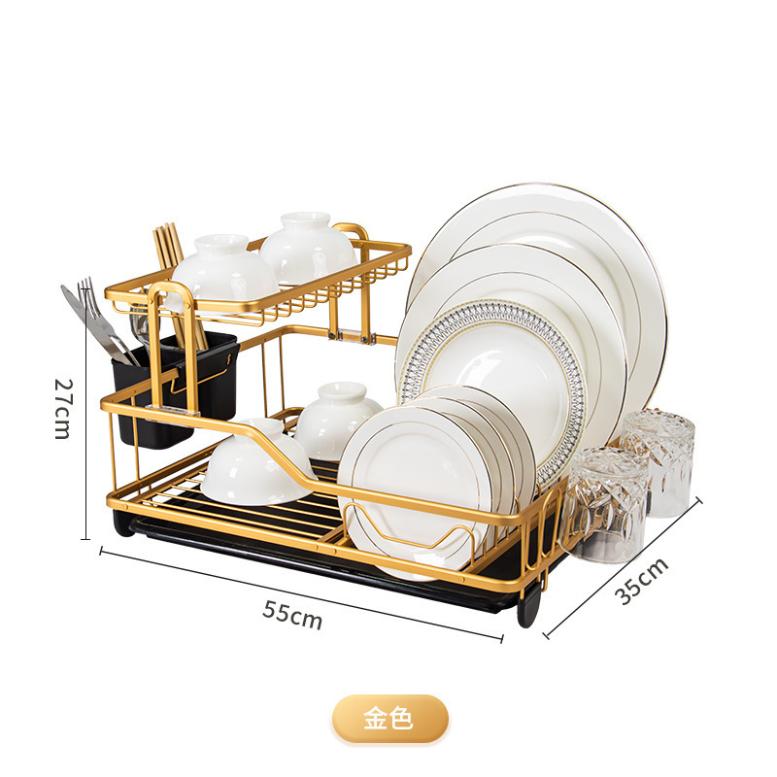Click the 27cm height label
click(x=62, y=408)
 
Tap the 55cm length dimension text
click(x=291, y=615)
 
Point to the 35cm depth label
click(x=643, y=582)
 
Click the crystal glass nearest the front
click(x=602, y=505)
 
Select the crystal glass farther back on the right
click(x=660, y=456)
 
